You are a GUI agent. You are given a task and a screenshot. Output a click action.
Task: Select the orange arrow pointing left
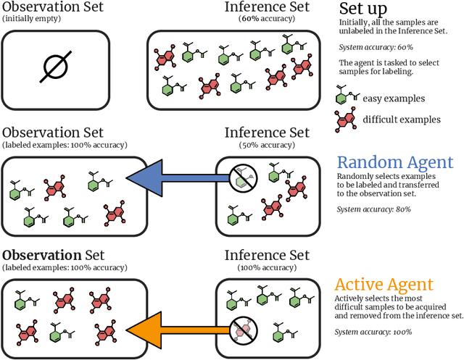[174, 318]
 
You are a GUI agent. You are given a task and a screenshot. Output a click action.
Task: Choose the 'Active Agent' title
[384, 284]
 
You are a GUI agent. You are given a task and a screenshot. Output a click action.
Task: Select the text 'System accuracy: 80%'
[374, 209]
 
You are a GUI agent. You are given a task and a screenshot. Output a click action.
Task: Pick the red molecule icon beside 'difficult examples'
[346, 120]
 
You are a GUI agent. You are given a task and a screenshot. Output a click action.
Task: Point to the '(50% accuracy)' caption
[267, 145]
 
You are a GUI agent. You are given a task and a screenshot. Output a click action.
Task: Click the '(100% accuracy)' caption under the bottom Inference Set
[267, 267]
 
